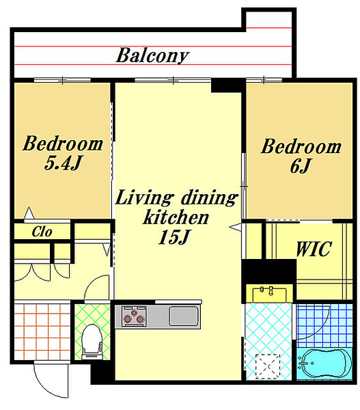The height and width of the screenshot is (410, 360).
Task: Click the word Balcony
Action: click(152, 56)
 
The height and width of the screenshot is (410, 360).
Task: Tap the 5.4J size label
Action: click(64, 163)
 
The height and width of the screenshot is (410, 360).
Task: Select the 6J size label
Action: click(301, 166)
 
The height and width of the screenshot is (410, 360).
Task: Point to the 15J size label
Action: click(174, 237)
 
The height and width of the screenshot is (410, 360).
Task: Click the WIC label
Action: click(314, 249)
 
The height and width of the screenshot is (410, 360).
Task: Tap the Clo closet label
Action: click(42, 232)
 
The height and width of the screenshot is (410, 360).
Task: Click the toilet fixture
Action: click(92, 342)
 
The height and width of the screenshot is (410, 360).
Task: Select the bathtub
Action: click(325, 364)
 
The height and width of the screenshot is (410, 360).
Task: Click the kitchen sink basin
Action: click(183, 316)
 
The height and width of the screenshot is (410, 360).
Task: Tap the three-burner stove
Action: click(134, 316)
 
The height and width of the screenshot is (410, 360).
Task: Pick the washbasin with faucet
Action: click(269, 294)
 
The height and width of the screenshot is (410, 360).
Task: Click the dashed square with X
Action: click(268, 366)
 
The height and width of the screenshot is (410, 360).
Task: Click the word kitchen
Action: click(176, 217)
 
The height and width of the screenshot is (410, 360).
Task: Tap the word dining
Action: click(210, 198)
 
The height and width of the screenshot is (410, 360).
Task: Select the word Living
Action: click(144, 198)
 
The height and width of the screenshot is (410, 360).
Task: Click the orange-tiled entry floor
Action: click(42, 331)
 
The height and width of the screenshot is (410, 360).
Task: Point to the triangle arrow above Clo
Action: click(29, 213)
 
